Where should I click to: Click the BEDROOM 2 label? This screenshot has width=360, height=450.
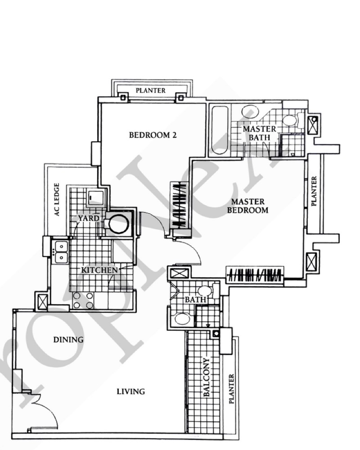pyautogui.click(x=153, y=135)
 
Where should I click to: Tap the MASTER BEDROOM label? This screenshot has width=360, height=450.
pyautogui.click(x=248, y=206)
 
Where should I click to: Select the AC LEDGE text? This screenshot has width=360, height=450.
pyautogui.click(x=57, y=199)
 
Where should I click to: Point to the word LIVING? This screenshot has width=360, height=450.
pyautogui.click(x=130, y=391)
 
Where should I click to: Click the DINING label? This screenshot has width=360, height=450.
pyautogui.click(x=68, y=340)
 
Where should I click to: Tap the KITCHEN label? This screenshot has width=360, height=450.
pyautogui.click(x=99, y=270)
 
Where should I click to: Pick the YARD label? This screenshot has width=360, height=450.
pyautogui.click(x=89, y=218)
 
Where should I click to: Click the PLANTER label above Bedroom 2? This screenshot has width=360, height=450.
pyautogui.click(x=150, y=90)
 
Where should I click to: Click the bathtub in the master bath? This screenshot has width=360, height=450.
pyautogui.click(x=220, y=130)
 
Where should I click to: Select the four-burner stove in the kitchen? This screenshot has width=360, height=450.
pyautogui.click(x=83, y=300)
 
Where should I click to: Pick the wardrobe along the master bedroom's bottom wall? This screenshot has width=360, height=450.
pyautogui.click(x=255, y=275)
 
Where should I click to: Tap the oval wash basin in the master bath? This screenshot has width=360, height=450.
pyautogui.click(x=250, y=112)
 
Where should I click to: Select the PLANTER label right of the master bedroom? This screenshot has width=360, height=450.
pyautogui.click(x=314, y=191)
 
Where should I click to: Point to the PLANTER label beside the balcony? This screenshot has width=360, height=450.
pyautogui.click(x=231, y=389)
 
